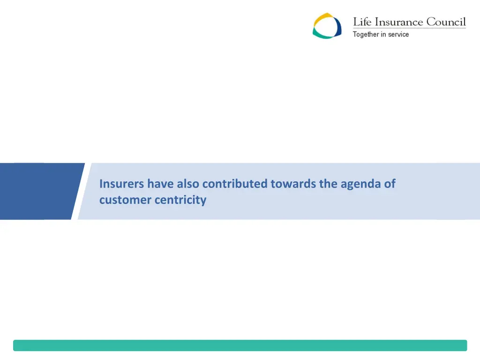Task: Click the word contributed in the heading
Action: point(235,184)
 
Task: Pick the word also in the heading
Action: point(188,184)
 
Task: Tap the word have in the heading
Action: point(161,184)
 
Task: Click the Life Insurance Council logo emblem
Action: point(327,26)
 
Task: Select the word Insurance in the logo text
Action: point(399,22)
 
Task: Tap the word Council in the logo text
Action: point(446,22)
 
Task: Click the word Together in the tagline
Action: point(366,35)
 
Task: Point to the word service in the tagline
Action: point(398,35)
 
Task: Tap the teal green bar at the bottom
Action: point(240,345)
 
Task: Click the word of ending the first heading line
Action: point(390,184)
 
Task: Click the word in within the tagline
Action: point(383,35)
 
